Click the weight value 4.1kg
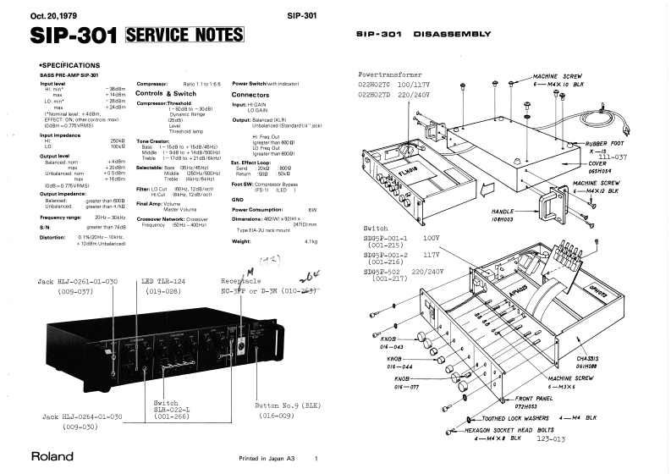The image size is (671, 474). click(309, 242)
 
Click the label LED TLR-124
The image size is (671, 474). click(166, 281)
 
